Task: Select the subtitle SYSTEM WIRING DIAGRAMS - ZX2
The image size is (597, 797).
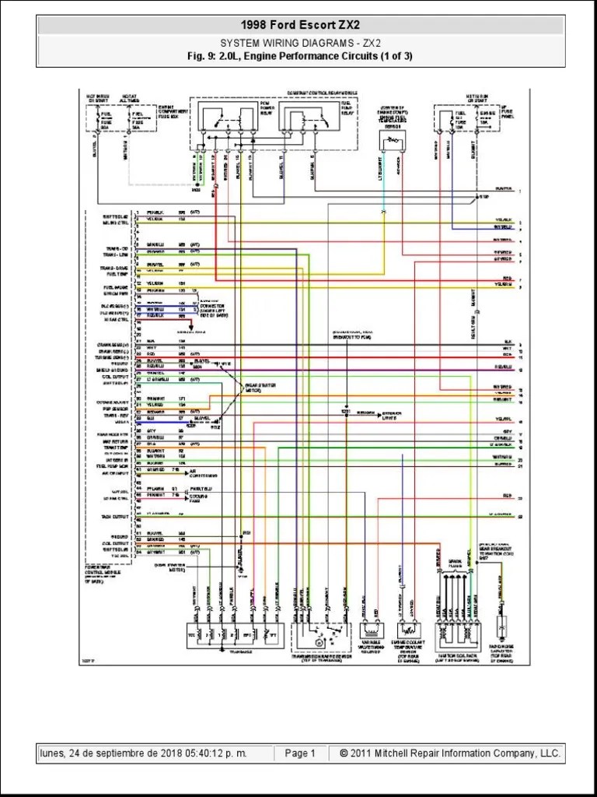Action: click(299, 43)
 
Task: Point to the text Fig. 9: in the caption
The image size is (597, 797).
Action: click(204, 56)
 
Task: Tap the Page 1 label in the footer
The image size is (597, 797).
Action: click(300, 753)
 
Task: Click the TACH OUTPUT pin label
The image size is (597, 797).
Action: click(114, 516)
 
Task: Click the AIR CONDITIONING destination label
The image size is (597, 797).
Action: click(201, 474)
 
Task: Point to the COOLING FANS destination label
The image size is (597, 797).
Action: click(201, 498)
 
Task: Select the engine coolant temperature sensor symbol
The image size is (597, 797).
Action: click(410, 630)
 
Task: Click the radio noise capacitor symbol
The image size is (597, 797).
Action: click(502, 627)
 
